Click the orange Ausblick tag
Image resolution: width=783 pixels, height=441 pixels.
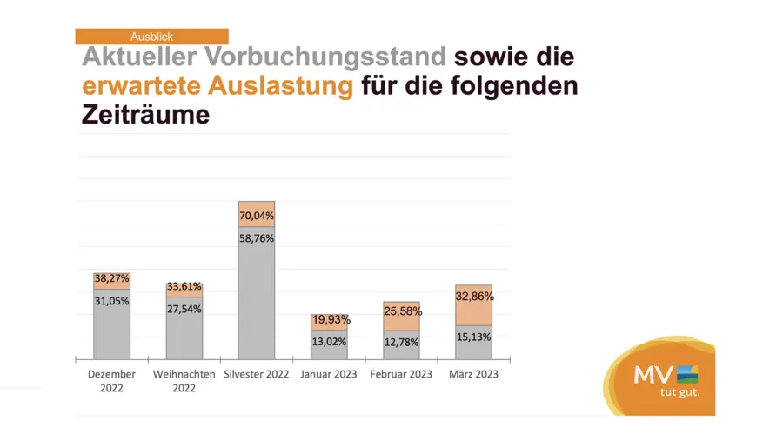click(151, 37)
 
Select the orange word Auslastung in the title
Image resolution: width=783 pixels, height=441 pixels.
click(279, 86)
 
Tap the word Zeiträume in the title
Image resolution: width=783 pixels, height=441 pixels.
click(145, 115)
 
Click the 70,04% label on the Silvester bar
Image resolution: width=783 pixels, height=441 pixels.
click(257, 216)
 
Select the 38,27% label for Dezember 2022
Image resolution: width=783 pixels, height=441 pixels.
click(111, 279)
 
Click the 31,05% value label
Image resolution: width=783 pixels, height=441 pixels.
click(111, 300)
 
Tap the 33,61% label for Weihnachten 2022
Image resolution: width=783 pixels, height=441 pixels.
click(184, 287)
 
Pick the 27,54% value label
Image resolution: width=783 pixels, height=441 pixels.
click(184, 310)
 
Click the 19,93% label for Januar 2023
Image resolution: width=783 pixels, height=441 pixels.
click(329, 322)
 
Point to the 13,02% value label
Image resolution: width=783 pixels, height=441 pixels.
click(329, 343)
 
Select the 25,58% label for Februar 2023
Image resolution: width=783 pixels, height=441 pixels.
click(401, 311)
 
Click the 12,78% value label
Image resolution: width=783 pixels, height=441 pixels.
click(401, 343)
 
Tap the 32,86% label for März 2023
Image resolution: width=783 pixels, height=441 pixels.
click(474, 296)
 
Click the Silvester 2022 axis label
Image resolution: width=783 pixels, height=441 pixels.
click(257, 374)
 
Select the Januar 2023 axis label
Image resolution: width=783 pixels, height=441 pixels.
click(329, 374)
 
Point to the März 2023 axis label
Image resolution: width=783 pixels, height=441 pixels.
click(474, 374)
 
